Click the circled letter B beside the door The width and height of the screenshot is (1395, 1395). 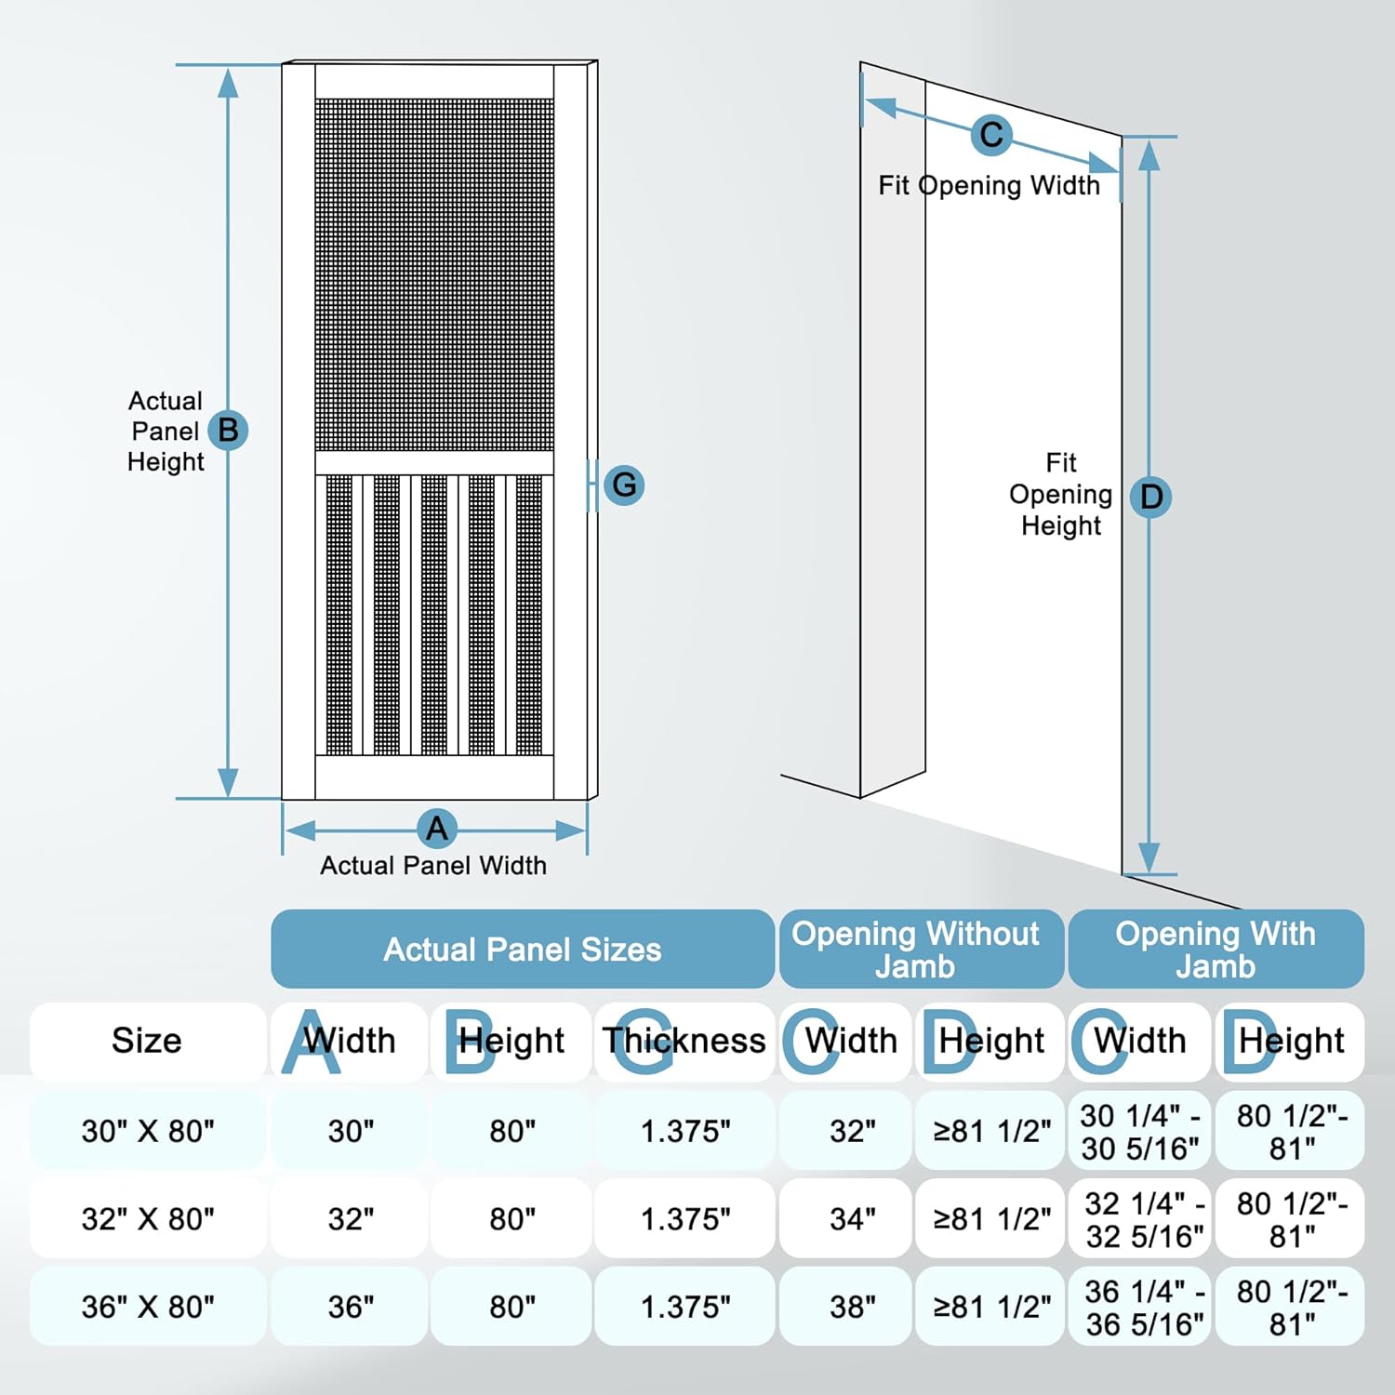[228, 431]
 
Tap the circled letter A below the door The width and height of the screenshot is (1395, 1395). [436, 828]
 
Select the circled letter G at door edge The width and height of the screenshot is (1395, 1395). [624, 485]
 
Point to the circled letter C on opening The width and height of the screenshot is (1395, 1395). [991, 135]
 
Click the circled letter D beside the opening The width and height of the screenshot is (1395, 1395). [1150, 497]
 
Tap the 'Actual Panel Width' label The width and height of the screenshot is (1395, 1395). [433, 866]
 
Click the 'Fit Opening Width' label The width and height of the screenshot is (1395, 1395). [989, 186]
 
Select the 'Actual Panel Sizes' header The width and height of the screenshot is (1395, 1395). [522, 950]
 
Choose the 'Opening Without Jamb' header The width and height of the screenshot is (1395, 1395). [915, 950]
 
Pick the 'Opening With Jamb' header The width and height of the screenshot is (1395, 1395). [1216, 950]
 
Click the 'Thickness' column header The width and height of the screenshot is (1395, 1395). [684, 1041]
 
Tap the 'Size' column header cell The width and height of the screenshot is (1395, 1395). [147, 1041]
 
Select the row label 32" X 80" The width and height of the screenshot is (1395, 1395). [148, 1218]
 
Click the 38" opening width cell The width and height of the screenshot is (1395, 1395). [852, 1307]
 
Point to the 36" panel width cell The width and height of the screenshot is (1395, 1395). [351, 1307]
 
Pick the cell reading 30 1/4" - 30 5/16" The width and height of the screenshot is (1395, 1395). [1140, 1132]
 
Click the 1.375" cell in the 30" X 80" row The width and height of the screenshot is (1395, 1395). [685, 1132]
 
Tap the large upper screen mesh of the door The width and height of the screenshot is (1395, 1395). [434, 274]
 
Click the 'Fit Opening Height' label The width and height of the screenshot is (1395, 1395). [1061, 494]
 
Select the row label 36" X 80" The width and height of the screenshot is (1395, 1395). [148, 1307]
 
